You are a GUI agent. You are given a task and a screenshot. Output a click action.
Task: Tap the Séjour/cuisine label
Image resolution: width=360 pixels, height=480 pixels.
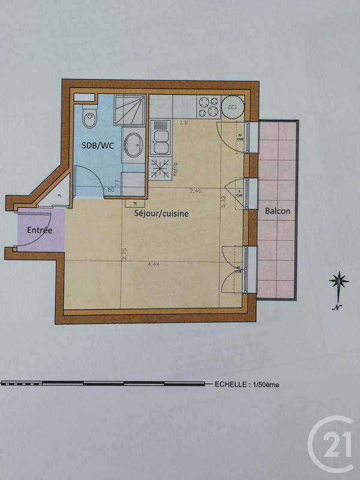pos(161,213)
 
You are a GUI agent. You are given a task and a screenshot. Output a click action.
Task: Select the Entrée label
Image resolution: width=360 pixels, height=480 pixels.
pos(40,230)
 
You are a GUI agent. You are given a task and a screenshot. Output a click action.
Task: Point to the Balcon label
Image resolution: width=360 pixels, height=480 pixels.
pos(277,211)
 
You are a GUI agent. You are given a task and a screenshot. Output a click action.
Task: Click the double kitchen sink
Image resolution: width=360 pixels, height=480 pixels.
pos(160,137)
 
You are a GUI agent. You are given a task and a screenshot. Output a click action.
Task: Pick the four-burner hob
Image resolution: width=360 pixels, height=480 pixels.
pos(208,107)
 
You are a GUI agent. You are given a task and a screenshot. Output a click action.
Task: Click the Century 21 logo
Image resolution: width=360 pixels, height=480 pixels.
pos(332,444)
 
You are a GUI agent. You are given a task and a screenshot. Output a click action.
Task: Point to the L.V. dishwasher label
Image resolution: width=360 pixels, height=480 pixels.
pos(184,122)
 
